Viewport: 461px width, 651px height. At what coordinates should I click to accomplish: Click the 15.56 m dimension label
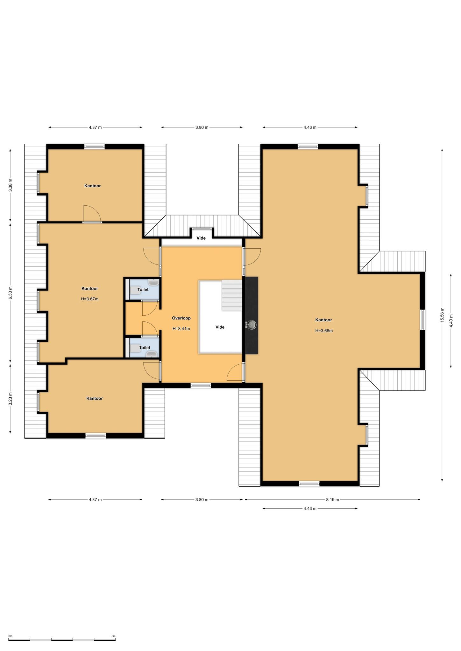(x=442, y=315)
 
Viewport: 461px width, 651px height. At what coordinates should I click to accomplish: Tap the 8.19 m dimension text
(x=332, y=499)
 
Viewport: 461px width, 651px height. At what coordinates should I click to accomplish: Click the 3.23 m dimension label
(x=10, y=399)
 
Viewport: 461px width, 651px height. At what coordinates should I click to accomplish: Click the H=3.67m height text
(x=90, y=299)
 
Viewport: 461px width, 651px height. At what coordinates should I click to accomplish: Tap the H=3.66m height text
(x=324, y=331)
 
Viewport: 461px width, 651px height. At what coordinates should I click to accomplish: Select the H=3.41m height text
(x=181, y=329)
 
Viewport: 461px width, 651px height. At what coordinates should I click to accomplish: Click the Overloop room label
(x=181, y=318)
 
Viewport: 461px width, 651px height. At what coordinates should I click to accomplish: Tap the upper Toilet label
(x=143, y=289)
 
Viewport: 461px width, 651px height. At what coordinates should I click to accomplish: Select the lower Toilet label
(x=145, y=347)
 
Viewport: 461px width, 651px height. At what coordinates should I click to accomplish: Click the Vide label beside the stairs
(x=220, y=327)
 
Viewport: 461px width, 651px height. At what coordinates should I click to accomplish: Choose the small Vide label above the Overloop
(x=201, y=238)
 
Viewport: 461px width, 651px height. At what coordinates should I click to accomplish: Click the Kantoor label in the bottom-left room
(x=95, y=398)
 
